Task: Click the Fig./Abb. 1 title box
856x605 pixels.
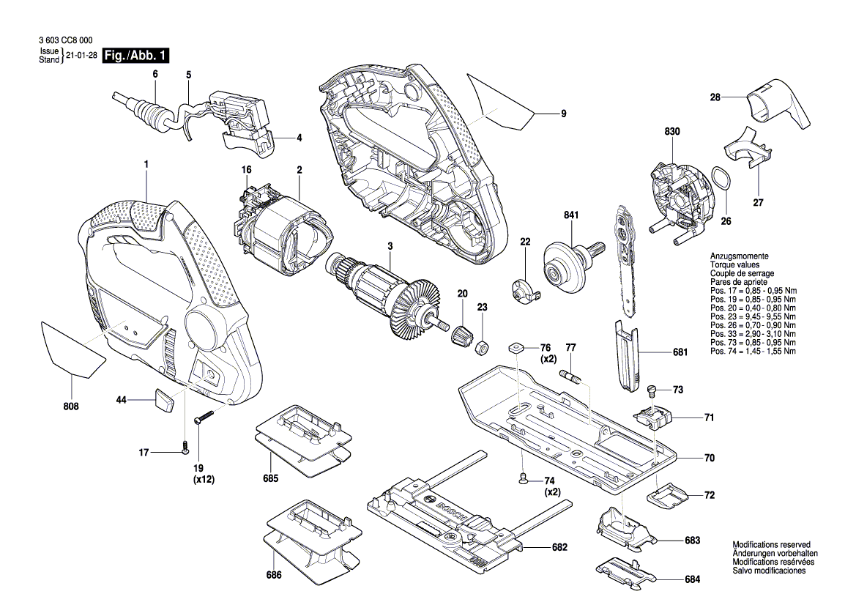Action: (x=136, y=56)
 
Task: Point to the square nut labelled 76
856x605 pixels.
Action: (x=517, y=348)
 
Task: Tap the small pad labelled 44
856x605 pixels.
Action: (x=164, y=401)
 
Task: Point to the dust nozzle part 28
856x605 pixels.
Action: (x=775, y=108)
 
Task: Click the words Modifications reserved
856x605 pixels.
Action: (x=771, y=545)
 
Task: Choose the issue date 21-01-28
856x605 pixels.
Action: (x=81, y=56)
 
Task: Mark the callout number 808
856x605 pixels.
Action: (x=71, y=406)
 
